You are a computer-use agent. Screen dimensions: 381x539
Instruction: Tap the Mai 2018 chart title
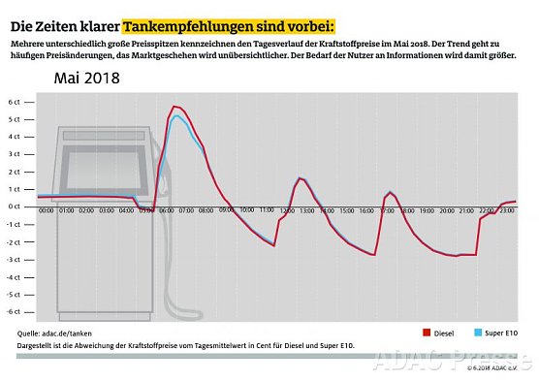point(86,79)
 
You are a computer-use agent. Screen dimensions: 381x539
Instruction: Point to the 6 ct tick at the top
point(15,102)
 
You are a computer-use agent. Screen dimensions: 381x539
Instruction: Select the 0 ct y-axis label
point(15,206)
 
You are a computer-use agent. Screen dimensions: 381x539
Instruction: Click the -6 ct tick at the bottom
point(14,311)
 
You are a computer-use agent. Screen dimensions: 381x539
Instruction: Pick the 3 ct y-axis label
point(15,154)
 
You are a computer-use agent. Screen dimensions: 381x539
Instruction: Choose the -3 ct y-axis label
point(14,259)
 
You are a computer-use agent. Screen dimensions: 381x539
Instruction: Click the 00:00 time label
point(46,210)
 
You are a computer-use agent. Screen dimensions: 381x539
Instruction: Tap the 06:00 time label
point(167,210)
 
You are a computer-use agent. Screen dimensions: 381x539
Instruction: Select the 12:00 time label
point(288,210)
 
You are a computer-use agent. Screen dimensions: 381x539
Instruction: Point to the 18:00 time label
point(409,210)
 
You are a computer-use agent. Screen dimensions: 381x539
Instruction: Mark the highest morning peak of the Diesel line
point(174,107)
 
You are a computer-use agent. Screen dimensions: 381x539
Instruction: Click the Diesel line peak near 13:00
point(301,178)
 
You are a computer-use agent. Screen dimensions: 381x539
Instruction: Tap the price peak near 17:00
point(391,192)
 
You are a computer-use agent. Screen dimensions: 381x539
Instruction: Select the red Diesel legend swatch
point(426,333)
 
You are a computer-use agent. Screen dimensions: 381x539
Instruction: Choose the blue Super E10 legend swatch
point(478,333)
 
